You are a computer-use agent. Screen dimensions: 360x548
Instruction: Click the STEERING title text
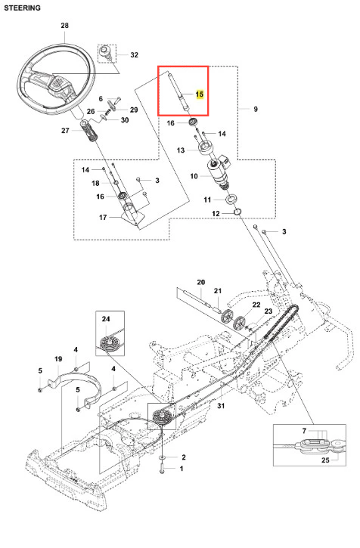pyautogui.click(x=23, y=8)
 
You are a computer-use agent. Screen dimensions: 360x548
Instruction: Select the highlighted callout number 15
pyautogui.click(x=200, y=94)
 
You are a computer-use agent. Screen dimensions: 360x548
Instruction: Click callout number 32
pyautogui.click(x=135, y=55)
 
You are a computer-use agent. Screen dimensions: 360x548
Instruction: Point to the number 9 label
pyautogui.click(x=256, y=109)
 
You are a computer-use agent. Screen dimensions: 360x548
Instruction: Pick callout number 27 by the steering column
pyautogui.click(x=65, y=130)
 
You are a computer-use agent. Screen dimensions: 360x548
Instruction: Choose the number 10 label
pyautogui.click(x=194, y=176)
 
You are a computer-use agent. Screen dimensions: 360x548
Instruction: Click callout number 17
pyautogui.click(x=103, y=218)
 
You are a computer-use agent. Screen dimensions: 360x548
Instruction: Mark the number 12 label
pyautogui.click(x=216, y=214)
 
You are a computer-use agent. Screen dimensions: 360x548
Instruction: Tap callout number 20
pyautogui.click(x=201, y=282)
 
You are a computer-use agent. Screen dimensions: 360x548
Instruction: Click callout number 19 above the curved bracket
pyautogui.click(x=58, y=359)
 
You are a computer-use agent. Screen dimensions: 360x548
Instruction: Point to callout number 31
pyautogui.click(x=221, y=406)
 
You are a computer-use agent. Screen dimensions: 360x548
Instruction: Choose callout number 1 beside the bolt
pyautogui.click(x=182, y=469)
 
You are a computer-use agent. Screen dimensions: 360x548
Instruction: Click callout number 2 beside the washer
pyautogui.click(x=184, y=457)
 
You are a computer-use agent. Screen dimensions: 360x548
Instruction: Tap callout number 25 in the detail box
pyautogui.click(x=325, y=460)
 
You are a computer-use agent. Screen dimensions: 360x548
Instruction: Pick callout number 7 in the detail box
pyautogui.click(x=304, y=432)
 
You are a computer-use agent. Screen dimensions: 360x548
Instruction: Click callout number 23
pyautogui.click(x=268, y=311)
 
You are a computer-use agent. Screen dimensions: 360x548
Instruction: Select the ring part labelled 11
pyautogui.click(x=231, y=200)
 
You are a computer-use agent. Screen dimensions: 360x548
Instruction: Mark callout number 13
pyautogui.click(x=181, y=150)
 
